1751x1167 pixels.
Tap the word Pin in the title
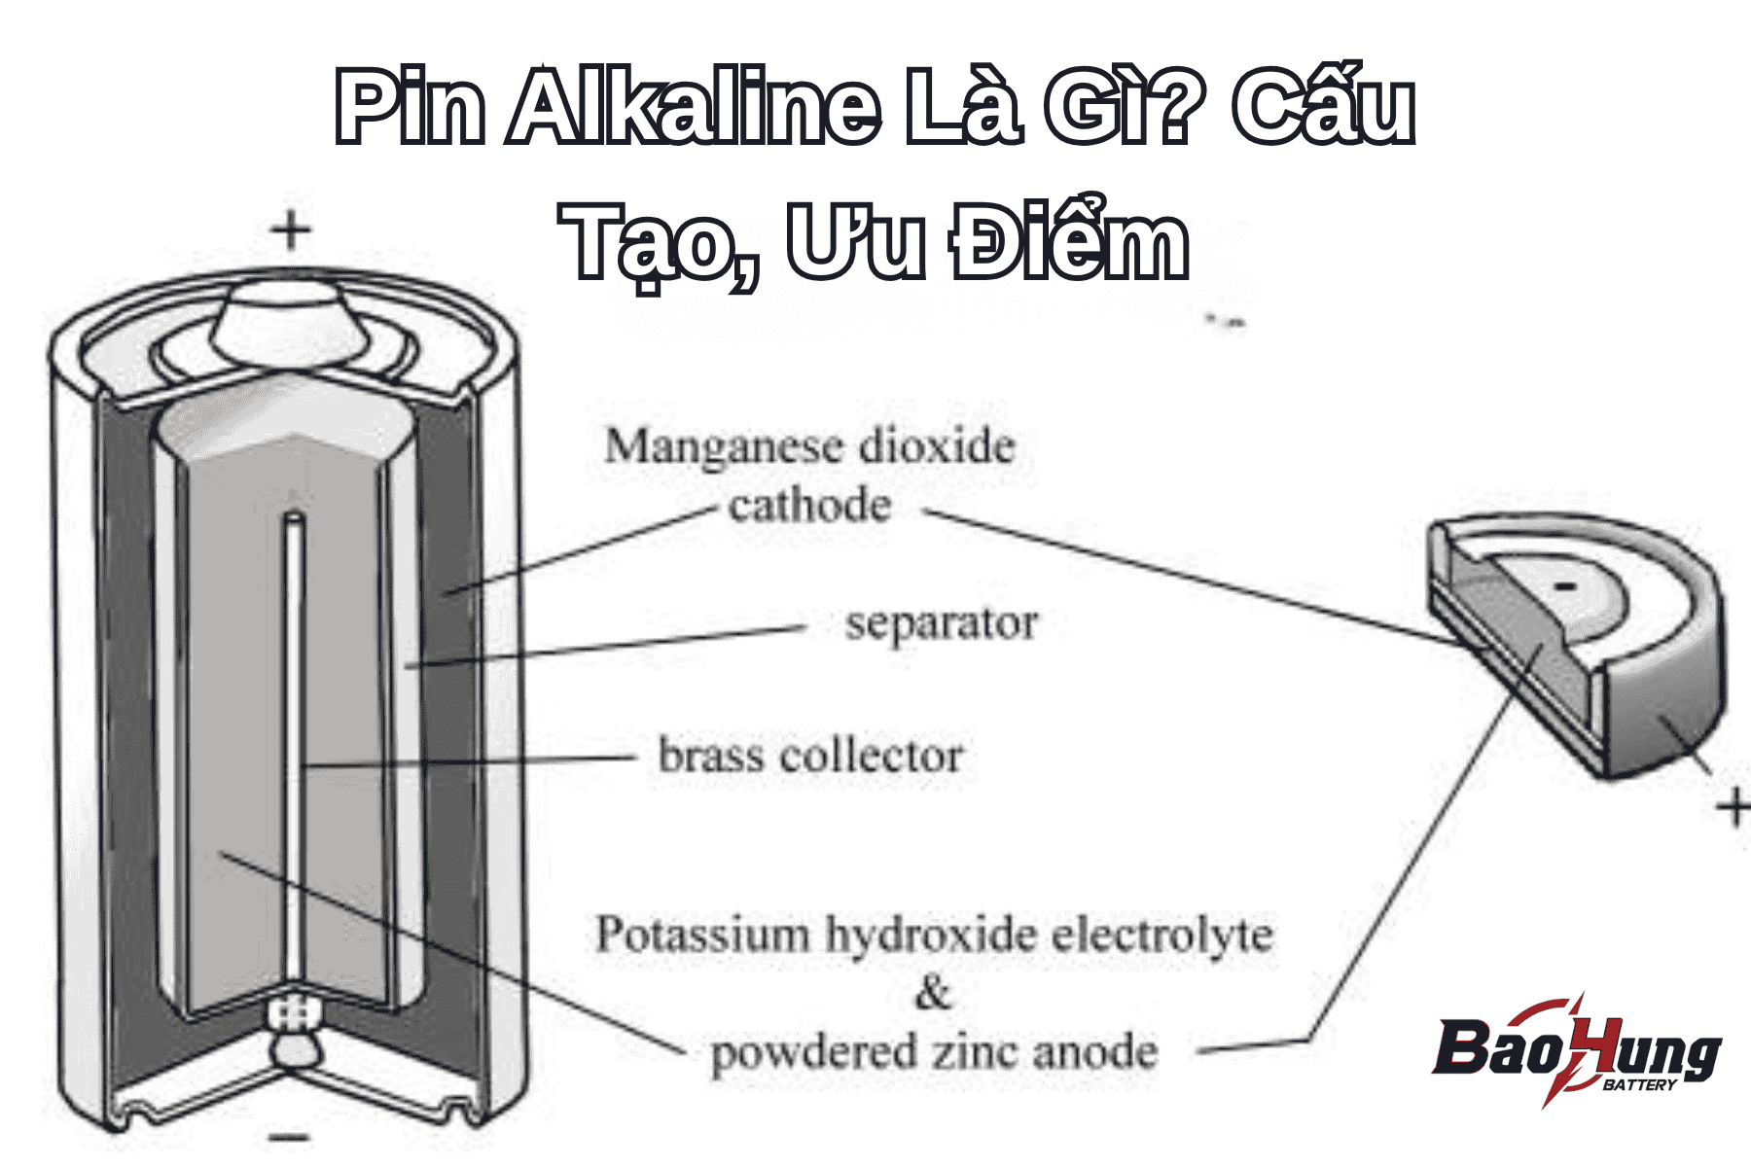[410, 107]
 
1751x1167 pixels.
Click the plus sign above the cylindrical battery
[291, 231]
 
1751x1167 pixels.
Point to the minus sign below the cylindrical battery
[289, 1136]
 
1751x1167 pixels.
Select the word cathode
[809, 507]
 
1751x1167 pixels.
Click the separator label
[941, 623]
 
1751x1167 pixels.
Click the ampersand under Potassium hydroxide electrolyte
[932, 994]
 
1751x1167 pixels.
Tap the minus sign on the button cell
[1564, 586]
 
